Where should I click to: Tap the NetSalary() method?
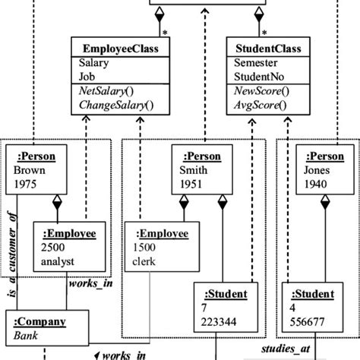pos(106,91)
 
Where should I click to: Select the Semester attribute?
pos(257,64)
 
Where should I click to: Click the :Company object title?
pos(40,321)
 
